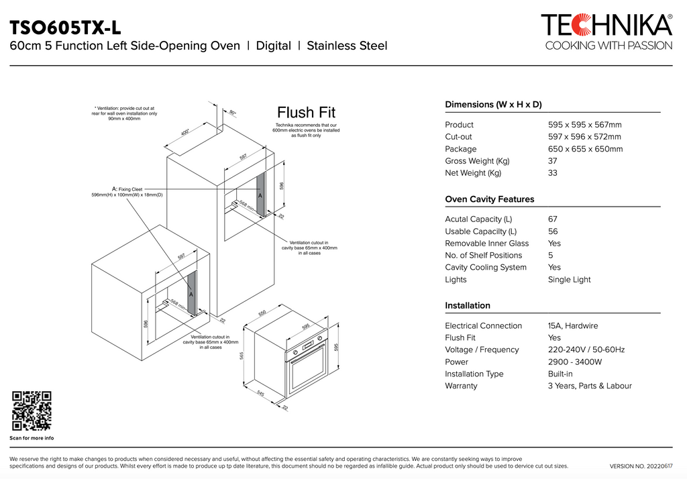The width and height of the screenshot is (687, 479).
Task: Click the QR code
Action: tap(32, 411)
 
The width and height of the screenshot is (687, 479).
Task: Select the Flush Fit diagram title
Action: tap(306, 112)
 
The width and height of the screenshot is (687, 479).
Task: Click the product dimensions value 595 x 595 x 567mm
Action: tap(584, 125)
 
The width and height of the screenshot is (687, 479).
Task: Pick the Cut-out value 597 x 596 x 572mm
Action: tap(584, 137)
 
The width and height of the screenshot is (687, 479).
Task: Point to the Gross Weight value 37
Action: tap(553, 161)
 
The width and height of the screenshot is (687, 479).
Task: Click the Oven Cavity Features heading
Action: tap(489, 199)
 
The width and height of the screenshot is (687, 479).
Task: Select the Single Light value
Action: tap(569, 280)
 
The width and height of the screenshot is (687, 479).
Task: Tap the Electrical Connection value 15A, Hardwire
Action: tap(572, 326)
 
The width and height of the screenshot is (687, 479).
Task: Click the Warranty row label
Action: tap(461, 386)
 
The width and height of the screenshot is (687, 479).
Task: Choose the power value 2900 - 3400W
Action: tap(574, 362)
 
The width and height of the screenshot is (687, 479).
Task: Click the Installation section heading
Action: tap(468, 305)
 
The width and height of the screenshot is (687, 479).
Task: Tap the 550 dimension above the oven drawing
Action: tap(262, 313)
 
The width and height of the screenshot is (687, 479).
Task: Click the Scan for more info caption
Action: tap(32, 438)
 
